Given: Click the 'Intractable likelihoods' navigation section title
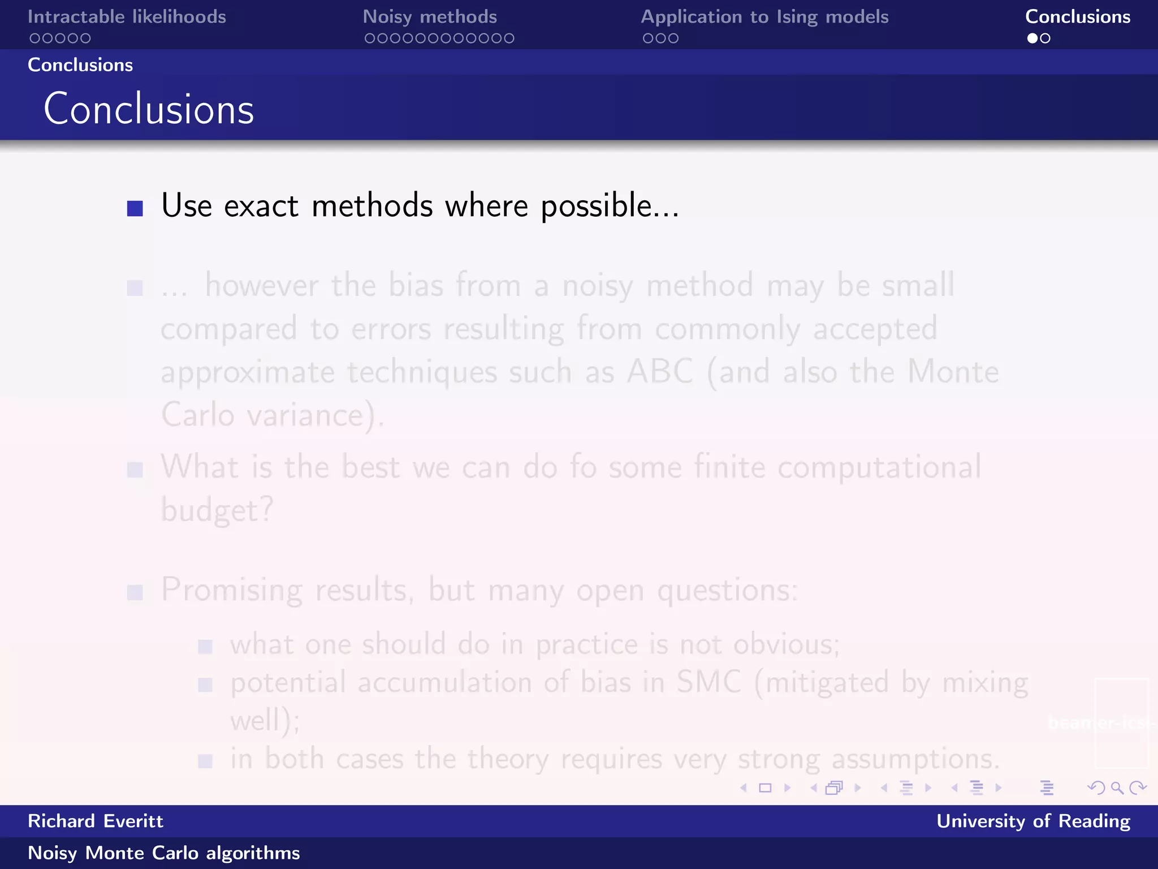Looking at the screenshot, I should pos(127,17).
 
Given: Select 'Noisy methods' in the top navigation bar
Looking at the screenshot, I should pos(430,17).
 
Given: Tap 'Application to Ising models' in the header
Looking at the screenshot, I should pos(764,17).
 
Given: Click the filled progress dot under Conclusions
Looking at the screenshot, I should pos(1032,38).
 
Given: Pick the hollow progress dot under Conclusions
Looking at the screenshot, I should pos(1045,38).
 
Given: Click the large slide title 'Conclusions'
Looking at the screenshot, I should pos(149,109).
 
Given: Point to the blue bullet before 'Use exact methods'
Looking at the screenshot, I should pos(135,208).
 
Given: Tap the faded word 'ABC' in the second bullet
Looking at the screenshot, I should pos(660,372).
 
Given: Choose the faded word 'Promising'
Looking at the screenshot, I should pos(232,591).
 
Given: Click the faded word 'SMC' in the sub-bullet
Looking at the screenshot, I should pos(708,682).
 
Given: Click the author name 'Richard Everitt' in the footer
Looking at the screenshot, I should pos(96,821).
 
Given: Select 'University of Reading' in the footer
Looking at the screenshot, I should pos(1033,821).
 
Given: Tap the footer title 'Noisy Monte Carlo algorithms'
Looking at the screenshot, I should pos(164,853).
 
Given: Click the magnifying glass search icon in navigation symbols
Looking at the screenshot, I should pos(1117,788).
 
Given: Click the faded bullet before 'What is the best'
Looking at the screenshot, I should pos(135,470).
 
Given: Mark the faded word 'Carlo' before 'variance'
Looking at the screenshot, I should pos(198,415).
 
